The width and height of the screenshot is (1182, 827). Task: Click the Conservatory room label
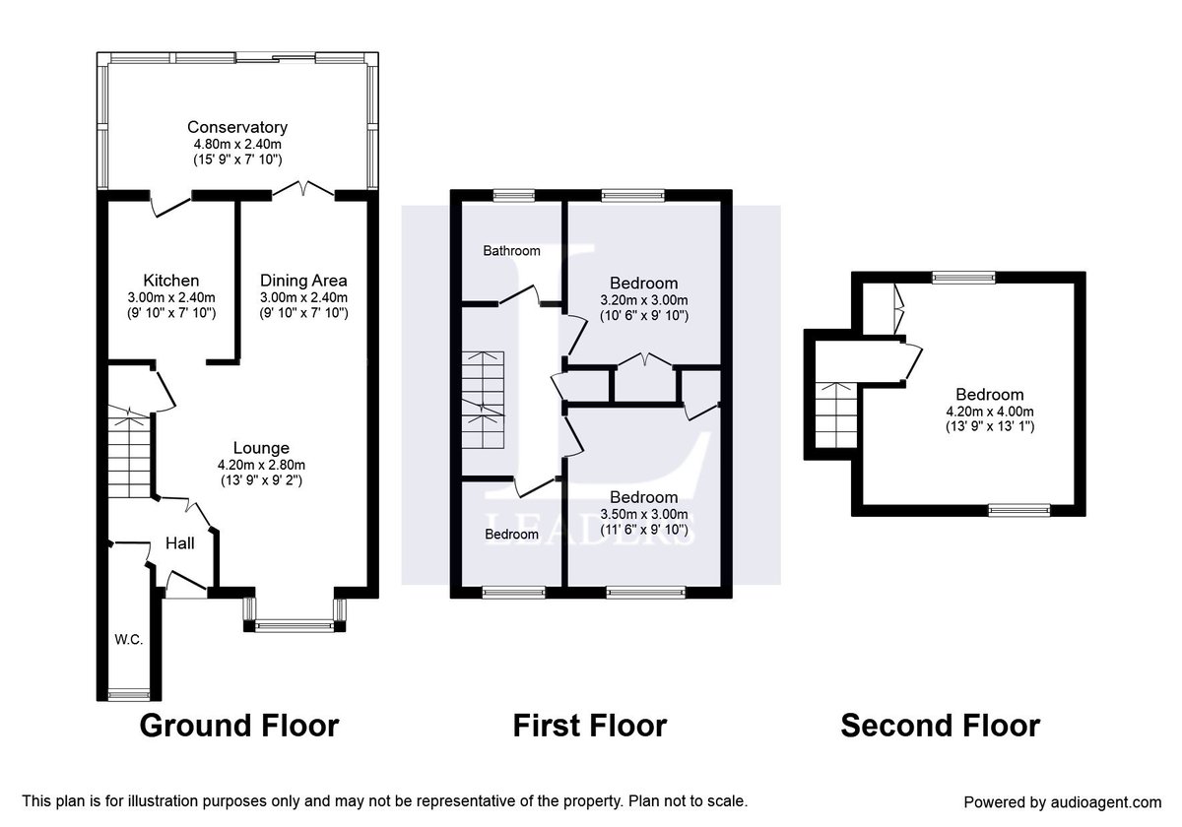coord(237,127)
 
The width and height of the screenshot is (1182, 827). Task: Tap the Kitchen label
coord(170,281)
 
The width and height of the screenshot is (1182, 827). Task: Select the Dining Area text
coord(303,281)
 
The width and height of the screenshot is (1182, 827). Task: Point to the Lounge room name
coord(261,446)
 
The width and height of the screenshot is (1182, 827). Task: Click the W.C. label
coord(128,640)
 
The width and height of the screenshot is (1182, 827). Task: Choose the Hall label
coord(179,542)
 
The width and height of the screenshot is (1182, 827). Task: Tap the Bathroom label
coord(511,251)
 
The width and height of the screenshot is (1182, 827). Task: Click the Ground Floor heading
coord(239,727)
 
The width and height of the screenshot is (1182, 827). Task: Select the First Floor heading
coord(589,727)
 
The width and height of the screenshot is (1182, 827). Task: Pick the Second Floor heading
coord(940,727)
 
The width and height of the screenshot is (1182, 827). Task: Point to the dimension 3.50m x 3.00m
coord(643,514)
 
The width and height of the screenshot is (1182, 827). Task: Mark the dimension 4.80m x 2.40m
coord(237,144)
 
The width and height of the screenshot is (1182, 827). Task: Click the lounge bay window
coord(295,624)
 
